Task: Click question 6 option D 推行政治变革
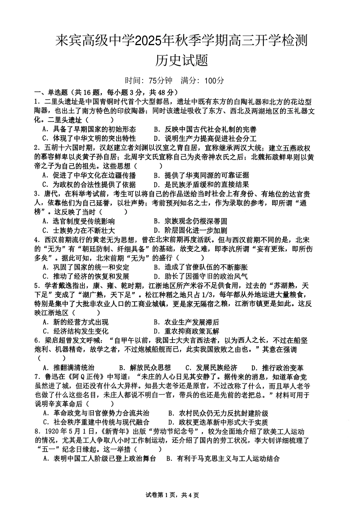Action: click(x=278, y=368)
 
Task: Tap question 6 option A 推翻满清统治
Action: click(x=69, y=368)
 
